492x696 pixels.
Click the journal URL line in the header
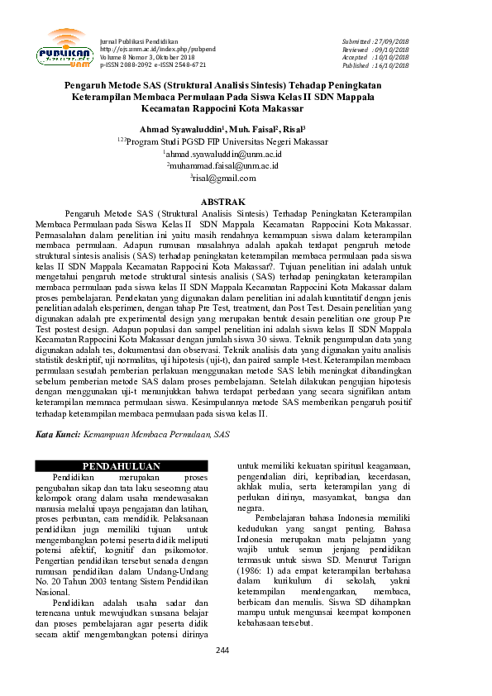158,49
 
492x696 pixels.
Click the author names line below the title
223,129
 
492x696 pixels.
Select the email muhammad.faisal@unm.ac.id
224,165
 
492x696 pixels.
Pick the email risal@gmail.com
224,178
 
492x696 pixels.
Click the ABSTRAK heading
223,202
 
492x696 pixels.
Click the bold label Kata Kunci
56,433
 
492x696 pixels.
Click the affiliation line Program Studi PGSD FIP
223,141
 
